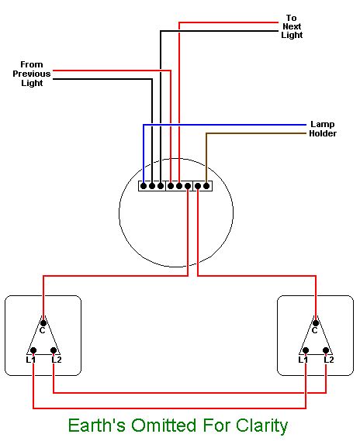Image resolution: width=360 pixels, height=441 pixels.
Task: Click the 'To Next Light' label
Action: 292,26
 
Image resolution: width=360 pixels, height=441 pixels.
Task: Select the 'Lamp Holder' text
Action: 322,129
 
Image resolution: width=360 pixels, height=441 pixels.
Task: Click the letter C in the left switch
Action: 43,331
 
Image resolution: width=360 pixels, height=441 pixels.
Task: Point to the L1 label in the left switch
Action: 30,360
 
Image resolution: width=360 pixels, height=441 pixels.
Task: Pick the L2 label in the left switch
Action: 56,360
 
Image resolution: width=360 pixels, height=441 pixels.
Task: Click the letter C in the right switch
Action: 315,331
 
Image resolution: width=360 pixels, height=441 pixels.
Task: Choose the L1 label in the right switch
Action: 303,360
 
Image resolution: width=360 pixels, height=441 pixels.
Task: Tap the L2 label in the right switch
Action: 328,360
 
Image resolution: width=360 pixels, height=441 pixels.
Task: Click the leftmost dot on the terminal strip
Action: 143,185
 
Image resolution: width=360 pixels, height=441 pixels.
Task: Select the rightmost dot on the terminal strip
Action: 207,185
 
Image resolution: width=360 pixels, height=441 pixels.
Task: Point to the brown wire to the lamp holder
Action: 256,133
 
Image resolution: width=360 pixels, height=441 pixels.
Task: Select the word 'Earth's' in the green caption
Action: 92,425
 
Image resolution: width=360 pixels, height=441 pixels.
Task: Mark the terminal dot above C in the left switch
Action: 43,321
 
